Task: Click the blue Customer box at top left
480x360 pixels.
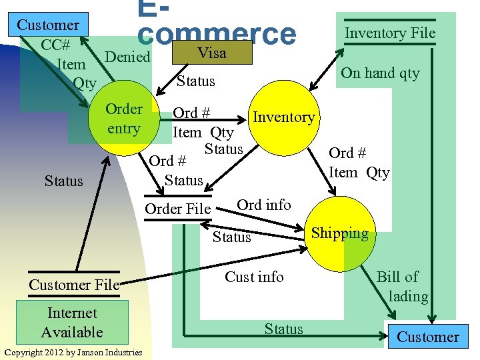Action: click(x=47, y=25)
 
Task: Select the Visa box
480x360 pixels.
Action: click(x=212, y=53)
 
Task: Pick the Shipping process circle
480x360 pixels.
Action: click(x=339, y=233)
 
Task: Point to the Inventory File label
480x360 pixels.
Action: click(x=389, y=33)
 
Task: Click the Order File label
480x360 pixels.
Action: click(x=177, y=209)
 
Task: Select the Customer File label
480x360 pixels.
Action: click(x=73, y=285)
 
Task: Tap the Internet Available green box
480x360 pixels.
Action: click(x=71, y=323)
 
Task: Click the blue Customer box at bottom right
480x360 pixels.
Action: click(x=427, y=337)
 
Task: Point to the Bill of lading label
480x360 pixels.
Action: click(x=402, y=286)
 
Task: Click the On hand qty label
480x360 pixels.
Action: click(x=380, y=73)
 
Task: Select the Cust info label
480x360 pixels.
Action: click(x=254, y=277)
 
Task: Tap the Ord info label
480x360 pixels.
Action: click(x=264, y=205)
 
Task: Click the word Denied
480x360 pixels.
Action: click(x=128, y=57)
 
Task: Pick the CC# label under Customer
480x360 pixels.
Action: click(x=56, y=45)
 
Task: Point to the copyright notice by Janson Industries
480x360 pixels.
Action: click(x=73, y=352)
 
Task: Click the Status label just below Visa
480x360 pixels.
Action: click(x=195, y=81)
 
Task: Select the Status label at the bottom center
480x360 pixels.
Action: click(x=283, y=329)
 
